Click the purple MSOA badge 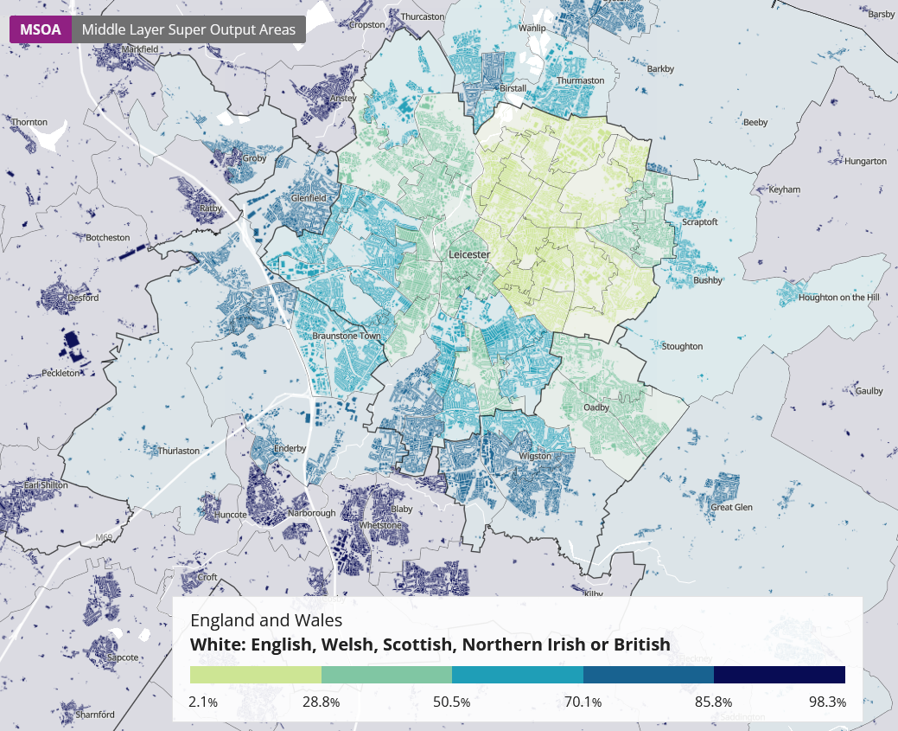click(41, 29)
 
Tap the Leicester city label click(469, 255)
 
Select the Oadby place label click(596, 407)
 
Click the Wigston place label click(535, 456)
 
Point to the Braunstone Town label click(346, 336)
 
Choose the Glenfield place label click(309, 198)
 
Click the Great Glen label click(731, 507)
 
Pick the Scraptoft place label click(700, 221)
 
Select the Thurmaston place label click(581, 80)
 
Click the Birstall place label click(513, 88)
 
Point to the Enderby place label click(290, 448)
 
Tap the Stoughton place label click(682, 346)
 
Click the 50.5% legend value click(451, 702)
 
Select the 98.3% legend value click(827, 702)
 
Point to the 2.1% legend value click(203, 702)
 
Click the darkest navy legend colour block click(779, 675)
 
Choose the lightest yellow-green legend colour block click(255, 675)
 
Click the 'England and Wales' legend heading click(266, 620)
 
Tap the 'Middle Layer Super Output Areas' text click(188, 29)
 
